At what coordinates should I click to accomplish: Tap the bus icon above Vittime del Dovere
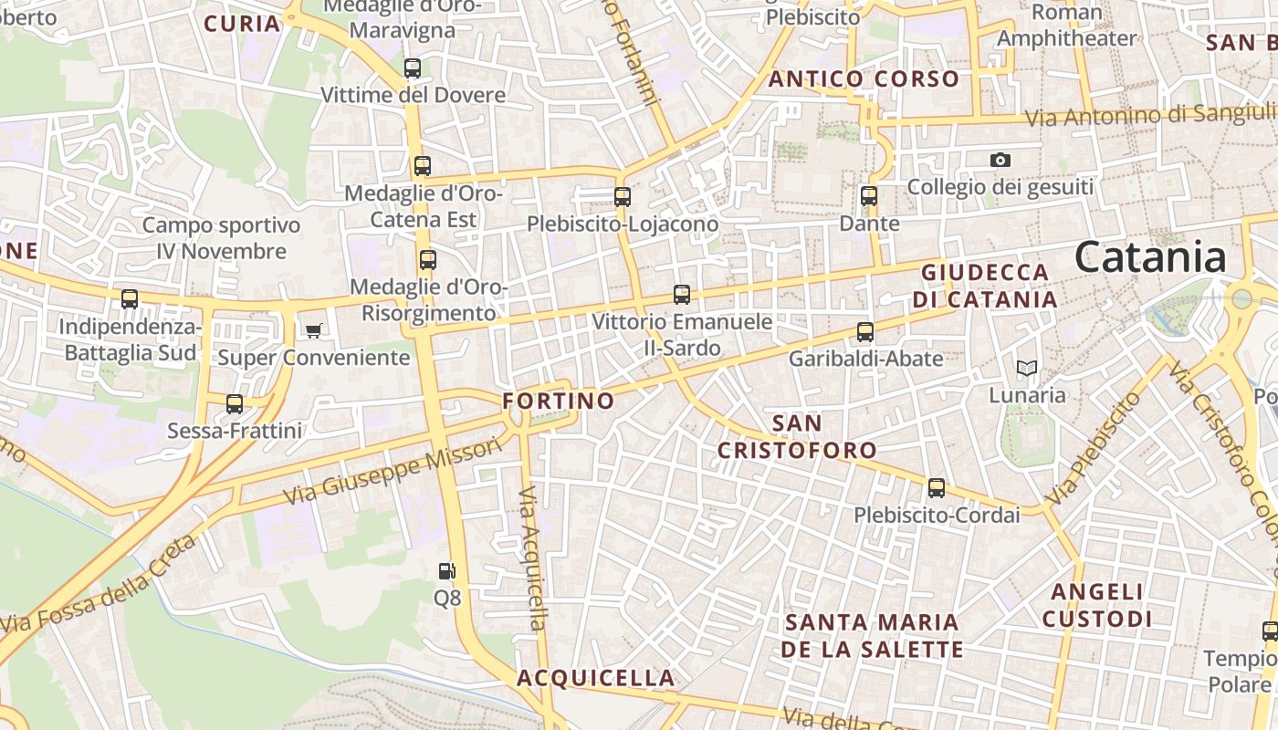(413, 68)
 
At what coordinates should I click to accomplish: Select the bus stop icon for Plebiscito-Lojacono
(623, 196)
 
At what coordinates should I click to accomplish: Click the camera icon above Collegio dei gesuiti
(1000, 161)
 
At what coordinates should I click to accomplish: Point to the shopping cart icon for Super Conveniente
(314, 330)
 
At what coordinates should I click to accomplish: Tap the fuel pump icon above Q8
(446, 571)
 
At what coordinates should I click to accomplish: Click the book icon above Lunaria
(1027, 369)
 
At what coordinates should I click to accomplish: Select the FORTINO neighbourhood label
(559, 401)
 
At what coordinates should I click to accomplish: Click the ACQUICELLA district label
(596, 678)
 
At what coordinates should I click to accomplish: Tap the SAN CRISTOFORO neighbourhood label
(797, 436)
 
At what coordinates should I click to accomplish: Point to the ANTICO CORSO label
(864, 79)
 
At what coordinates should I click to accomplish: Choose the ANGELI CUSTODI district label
(1097, 605)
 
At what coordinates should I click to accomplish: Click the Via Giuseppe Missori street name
(393, 471)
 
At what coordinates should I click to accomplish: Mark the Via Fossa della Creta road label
(99, 585)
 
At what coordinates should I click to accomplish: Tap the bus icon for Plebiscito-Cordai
(937, 488)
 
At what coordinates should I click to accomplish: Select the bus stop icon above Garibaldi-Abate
(865, 332)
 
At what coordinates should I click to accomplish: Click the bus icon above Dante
(869, 196)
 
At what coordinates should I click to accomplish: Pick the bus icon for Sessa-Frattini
(235, 403)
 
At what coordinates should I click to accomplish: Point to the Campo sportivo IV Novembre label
(221, 238)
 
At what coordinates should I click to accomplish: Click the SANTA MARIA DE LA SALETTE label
(874, 636)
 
